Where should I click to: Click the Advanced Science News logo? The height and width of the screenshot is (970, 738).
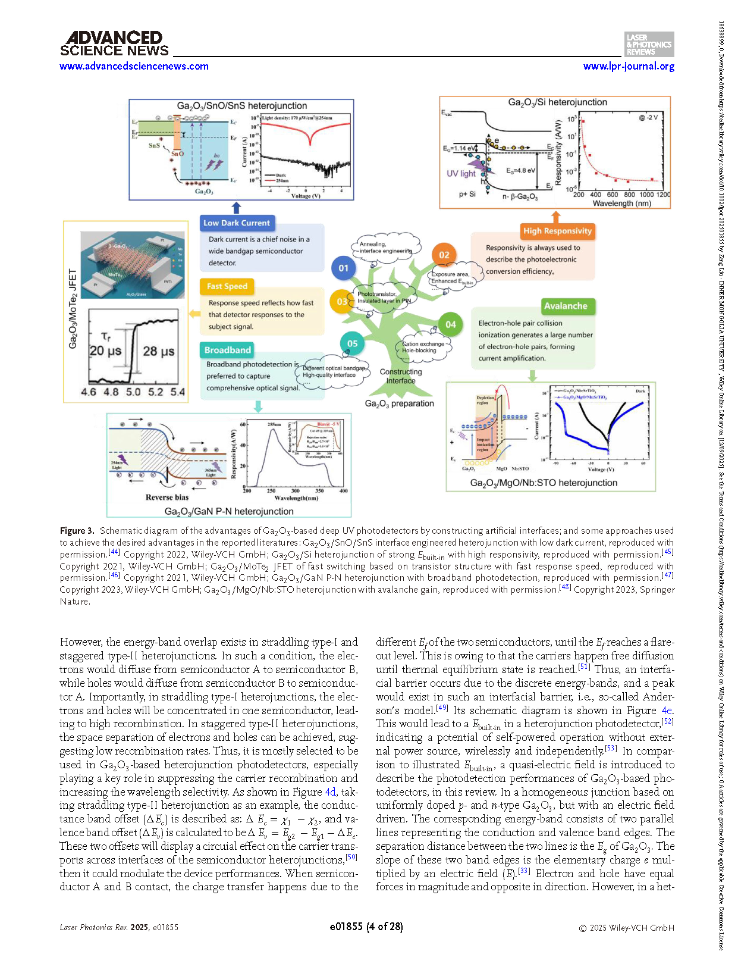coord(114,44)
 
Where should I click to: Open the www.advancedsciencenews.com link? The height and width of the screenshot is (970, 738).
coord(134,66)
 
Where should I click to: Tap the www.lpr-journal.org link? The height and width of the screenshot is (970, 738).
coord(629,66)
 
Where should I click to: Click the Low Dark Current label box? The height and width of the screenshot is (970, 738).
coord(237,223)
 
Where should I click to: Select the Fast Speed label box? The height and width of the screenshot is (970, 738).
coord(227,286)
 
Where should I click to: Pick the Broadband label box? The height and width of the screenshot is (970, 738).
coord(228,350)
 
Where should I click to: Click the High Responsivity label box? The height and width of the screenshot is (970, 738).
coord(557,231)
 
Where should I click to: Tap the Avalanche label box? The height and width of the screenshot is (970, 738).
coord(566,306)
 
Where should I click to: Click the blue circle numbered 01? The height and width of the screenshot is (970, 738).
coord(343,268)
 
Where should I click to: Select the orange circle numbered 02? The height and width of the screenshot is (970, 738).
coord(444,255)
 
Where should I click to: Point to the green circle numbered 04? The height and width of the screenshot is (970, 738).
coord(451,324)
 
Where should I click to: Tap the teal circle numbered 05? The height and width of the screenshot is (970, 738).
coord(352,343)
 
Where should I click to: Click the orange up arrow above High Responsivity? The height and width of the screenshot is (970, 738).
coord(556,216)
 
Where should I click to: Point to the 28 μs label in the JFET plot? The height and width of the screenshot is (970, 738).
coord(159,351)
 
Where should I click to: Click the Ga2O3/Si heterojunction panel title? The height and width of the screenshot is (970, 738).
coord(557,102)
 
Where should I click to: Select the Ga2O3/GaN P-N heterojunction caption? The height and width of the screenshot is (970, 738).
coord(229,511)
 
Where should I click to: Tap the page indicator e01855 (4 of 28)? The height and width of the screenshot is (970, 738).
coord(366,927)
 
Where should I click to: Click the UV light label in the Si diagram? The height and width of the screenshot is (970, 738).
coord(461,174)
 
